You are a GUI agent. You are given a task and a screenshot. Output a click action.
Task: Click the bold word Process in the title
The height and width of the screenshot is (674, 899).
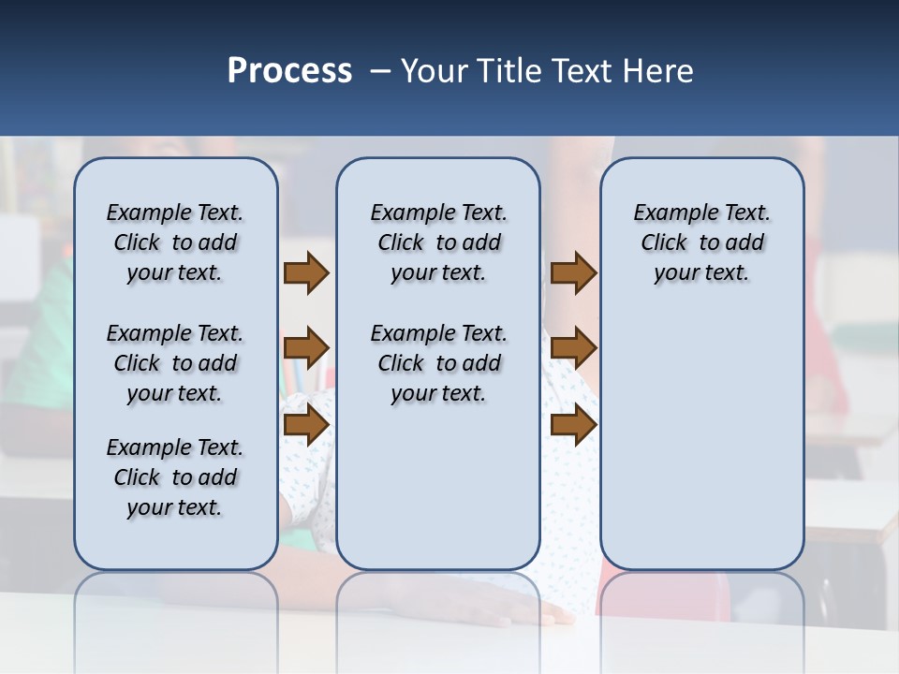(289, 71)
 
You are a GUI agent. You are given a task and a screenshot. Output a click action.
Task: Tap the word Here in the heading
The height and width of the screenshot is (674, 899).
(659, 71)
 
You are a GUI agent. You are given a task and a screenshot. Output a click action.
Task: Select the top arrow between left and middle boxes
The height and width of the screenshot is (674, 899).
(306, 273)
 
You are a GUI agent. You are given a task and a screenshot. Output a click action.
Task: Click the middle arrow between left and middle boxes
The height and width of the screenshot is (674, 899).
(306, 349)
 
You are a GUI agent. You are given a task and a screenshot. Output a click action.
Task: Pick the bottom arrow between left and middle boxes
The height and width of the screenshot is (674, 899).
(306, 425)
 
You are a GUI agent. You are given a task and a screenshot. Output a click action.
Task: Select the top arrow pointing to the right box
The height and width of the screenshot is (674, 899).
(573, 273)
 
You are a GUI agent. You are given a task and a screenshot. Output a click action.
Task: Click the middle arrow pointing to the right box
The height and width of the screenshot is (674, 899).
(573, 349)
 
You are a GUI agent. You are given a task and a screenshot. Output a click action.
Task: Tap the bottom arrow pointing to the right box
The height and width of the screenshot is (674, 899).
(573, 425)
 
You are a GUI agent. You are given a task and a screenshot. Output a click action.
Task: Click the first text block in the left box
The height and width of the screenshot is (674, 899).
(175, 242)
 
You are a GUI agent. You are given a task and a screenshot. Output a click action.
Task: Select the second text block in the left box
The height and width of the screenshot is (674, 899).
(175, 363)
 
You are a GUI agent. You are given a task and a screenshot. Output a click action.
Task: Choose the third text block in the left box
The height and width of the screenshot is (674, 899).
(175, 477)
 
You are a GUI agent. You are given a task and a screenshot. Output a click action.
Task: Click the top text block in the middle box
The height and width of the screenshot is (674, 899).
(438, 242)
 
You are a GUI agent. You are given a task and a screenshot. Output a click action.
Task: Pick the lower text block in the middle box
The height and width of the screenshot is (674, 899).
(438, 363)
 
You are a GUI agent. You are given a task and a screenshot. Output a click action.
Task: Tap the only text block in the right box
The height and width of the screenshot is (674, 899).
(701, 242)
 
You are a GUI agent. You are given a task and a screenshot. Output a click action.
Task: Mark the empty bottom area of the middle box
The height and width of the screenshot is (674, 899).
(438, 496)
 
